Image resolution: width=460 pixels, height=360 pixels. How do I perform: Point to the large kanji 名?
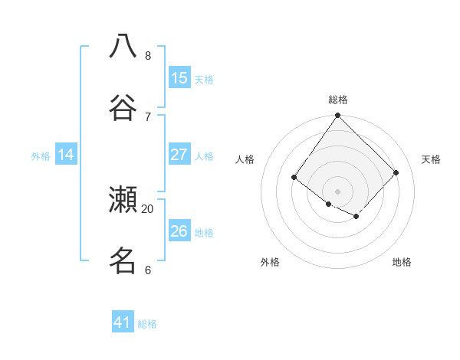point(123,260)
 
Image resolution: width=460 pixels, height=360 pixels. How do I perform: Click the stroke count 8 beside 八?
point(148,55)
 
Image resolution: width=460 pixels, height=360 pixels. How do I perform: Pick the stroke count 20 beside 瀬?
point(148,208)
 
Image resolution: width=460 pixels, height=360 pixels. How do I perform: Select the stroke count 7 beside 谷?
point(148,116)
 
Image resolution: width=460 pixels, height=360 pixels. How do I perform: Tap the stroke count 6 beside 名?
point(148,270)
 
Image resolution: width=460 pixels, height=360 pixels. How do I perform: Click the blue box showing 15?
point(179,78)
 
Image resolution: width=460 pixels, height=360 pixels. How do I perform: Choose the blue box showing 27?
point(179,155)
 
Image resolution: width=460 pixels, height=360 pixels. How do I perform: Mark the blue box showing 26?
point(179,231)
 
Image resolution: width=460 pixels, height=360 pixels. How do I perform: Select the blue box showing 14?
point(66,155)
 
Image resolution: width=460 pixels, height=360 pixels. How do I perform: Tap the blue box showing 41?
point(123,322)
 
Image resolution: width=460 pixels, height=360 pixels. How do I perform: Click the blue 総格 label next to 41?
point(147,324)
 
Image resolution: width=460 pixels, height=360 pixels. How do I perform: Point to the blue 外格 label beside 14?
point(41,156)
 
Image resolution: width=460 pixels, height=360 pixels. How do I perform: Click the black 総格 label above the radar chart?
point(338,100)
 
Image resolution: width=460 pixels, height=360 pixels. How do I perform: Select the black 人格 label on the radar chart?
point(245,159)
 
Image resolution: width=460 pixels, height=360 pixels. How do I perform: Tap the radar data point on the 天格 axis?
point(396,172)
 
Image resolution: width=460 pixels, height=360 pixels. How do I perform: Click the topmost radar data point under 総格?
point(337,116)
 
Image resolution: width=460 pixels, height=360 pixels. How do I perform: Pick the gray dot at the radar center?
point(337,191)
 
